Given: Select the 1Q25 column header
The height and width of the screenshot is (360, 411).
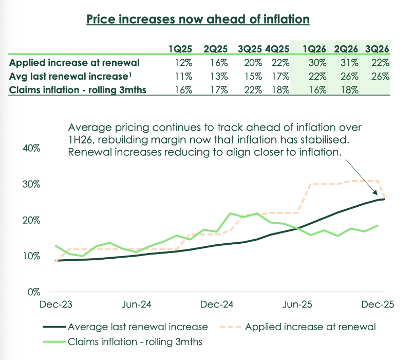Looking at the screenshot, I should click(180, 49).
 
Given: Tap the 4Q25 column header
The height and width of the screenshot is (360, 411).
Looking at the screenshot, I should click(277, 49).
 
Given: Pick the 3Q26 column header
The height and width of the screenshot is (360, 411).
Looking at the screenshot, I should click(377, 49).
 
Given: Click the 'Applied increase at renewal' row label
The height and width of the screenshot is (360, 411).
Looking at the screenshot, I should click(74, 63).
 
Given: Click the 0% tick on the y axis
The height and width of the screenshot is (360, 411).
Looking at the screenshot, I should click(34, 292).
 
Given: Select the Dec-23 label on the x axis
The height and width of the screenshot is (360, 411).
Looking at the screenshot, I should click(56, 304).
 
